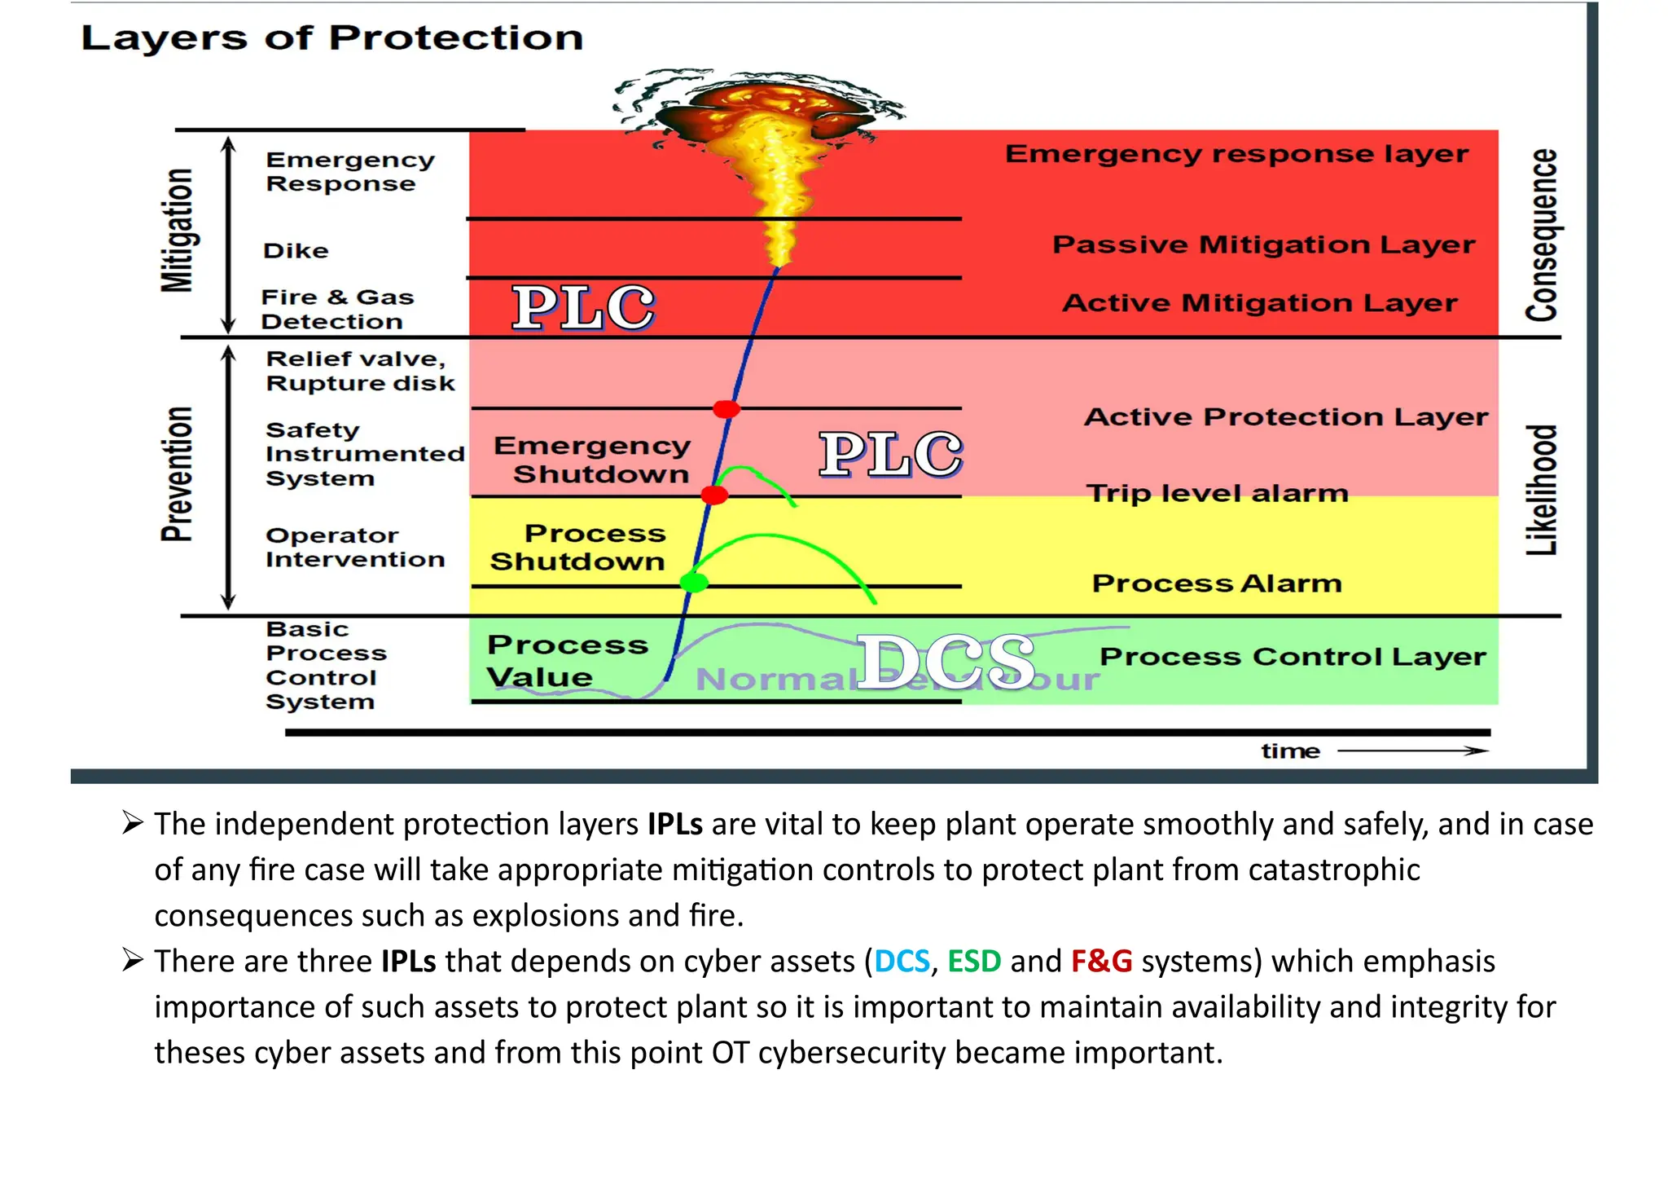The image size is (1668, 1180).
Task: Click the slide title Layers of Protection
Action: pos(331,38)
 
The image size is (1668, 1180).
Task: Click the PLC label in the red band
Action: pos(583,308)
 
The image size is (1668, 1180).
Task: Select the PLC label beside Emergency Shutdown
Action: pos(890,455)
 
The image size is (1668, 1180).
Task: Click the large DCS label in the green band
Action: pos(946,662)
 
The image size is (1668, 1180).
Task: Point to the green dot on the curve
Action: pos(694,582)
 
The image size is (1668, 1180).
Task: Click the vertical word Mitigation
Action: pos(177,231)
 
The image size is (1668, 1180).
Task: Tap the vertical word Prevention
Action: pos(177,474)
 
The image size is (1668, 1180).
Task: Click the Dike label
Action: pos(296,251)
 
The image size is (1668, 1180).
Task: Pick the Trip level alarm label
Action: pos(1217,493)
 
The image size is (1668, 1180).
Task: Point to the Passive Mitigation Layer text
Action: pos(1262,244)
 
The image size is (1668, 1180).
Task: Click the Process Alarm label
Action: pos(1216,583)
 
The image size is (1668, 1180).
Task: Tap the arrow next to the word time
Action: pos(1412,751)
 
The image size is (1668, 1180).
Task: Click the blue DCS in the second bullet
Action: pos(902,962)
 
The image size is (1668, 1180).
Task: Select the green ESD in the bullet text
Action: pos(974,962)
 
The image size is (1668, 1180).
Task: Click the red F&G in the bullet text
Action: pos(1101,962)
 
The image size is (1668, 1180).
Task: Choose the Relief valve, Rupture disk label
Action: pos(359,371)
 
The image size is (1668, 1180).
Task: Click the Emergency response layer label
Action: pos(1236,154)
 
